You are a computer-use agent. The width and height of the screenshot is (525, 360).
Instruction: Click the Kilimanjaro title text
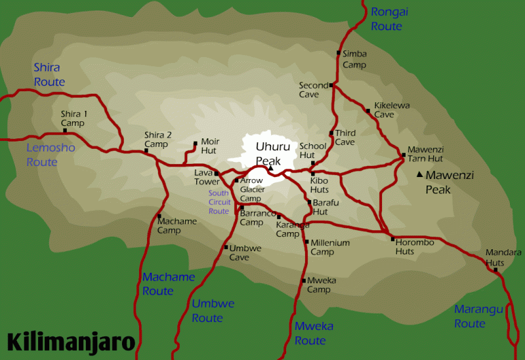click(x=72, y=342)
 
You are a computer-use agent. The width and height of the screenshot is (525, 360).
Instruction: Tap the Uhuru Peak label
click(x=268, y=153)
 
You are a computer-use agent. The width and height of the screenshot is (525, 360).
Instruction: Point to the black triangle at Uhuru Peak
click(x=270, y=169)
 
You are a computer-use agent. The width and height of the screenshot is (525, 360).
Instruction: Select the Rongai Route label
click(x=387, y=18)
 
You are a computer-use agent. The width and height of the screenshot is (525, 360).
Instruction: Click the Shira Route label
click(x=49, y=75)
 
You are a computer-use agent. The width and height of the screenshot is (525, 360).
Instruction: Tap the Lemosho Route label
click(x=51, y=155)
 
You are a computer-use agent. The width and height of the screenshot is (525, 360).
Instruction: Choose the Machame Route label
click(x=169, y=284)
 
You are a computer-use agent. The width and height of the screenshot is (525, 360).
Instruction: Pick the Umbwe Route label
click(x=207, y=311)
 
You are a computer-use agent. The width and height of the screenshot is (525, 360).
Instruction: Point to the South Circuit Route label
click(x=219, y=202)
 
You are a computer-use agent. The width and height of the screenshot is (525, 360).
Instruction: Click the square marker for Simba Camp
click(x=339, y=53)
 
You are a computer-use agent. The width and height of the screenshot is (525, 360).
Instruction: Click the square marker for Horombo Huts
click(x=392, y=239)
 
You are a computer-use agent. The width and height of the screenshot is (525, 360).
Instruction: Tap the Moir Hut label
click(x=210, y=146)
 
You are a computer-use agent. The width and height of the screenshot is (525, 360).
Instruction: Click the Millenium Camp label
click(x=330, y=247)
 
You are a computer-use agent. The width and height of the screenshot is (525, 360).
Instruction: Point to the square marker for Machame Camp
click(x=159, y=216)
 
